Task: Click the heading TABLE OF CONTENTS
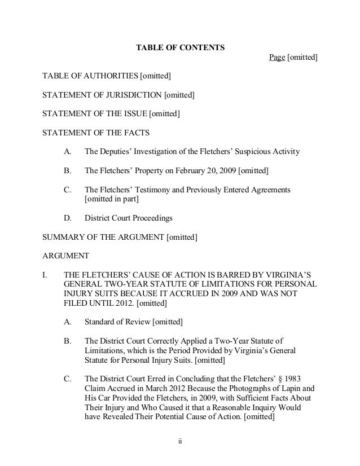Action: pos(180,47)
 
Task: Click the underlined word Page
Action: pos(277,58)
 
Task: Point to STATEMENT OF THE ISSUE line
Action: pos(111,115)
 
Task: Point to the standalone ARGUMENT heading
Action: pos(65,256)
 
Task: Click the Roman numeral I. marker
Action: pos(46,275)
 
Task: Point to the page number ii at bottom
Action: pos(180,441)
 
